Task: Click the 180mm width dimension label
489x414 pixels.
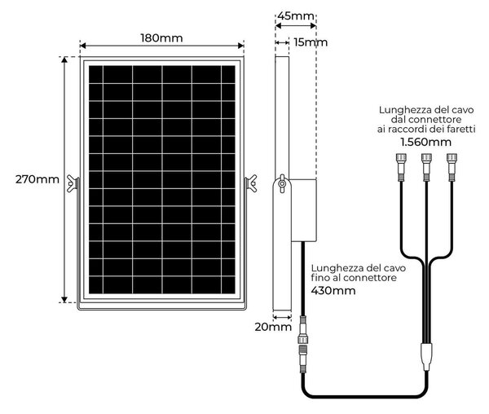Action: [161, 38]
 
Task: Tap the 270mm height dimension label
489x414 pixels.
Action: [37, 179]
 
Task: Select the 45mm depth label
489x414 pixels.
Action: [296, 15]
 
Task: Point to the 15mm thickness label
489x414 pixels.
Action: [311, 42]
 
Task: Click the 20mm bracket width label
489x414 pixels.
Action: [273, 327]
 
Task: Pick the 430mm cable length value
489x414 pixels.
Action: [333, 291]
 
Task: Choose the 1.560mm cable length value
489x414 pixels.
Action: [426, 142]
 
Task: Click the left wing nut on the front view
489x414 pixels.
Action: [73, 183]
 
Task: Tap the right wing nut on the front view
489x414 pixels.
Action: [251, 183]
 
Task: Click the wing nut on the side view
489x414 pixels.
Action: [283, 183]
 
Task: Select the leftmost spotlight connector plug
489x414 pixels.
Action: [401, 167]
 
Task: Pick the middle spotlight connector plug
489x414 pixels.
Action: [426, 167]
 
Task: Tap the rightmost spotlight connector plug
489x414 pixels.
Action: [452, 167]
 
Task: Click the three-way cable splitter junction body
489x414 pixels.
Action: [426, 356]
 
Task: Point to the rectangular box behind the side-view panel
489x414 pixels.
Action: [304, 210]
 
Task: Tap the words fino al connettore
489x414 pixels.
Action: [354, 277]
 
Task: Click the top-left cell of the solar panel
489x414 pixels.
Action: [95, 74]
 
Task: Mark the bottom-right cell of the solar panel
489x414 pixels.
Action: [228, 285]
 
